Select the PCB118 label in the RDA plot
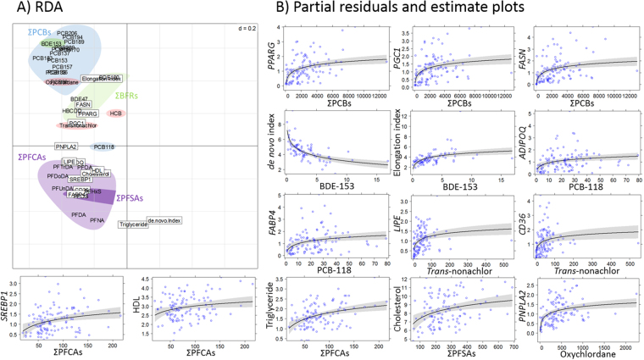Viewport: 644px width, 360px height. pos(105,147)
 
